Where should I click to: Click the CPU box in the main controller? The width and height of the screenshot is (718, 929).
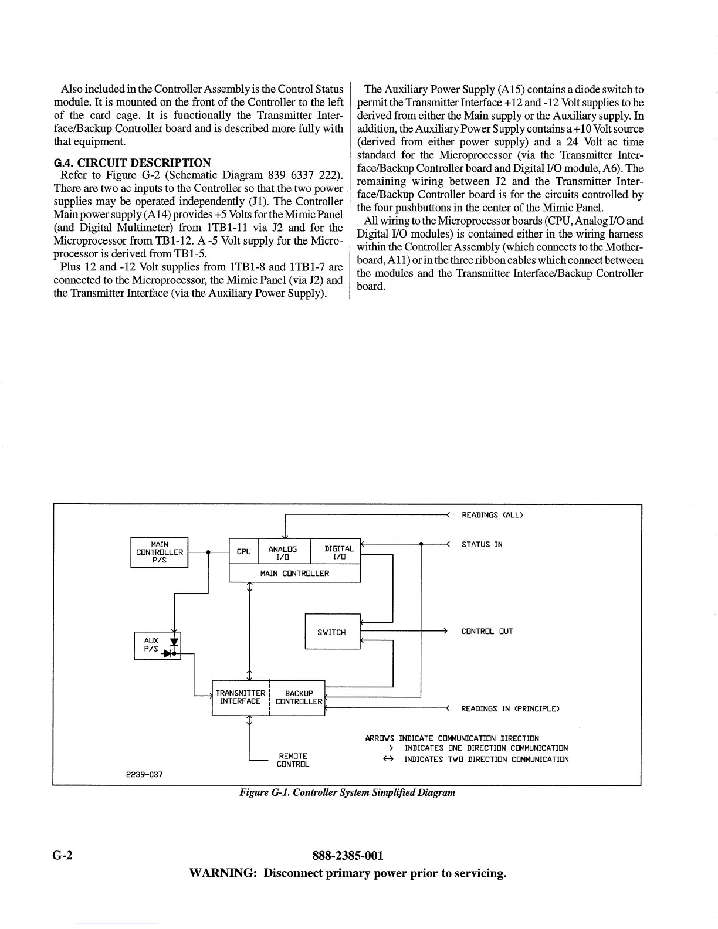point(243,551)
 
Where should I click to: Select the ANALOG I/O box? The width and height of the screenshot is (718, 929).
point(282,552)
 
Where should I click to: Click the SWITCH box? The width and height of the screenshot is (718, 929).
point(332,632)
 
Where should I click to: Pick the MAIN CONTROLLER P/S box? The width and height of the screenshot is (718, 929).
point(159,552)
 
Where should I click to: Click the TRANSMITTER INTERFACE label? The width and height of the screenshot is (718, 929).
point(240,697)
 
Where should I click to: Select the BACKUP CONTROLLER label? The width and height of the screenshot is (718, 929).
point(298,697)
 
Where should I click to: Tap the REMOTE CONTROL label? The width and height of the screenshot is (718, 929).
point(293,760)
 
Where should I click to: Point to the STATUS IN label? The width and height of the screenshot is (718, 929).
point(482,544)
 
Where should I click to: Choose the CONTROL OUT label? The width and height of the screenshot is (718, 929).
point(487,632)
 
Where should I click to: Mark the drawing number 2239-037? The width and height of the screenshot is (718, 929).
point(145,774)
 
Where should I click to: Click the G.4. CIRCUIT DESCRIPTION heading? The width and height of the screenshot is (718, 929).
point(132,162)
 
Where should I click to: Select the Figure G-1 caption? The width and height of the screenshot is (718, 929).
point(347,792)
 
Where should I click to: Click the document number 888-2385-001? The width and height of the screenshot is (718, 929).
point(348,856)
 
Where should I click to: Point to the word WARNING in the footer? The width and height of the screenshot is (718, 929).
point(223,873)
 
